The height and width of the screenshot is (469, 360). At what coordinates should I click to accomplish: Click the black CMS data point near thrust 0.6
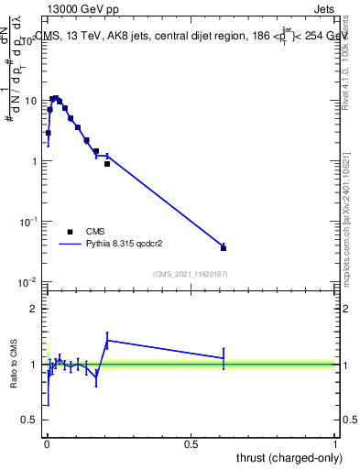[224, 247]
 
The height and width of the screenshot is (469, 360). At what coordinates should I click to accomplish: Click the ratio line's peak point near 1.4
[108, 340]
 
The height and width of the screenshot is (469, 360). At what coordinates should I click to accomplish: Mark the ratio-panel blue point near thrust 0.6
[224, 358]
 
